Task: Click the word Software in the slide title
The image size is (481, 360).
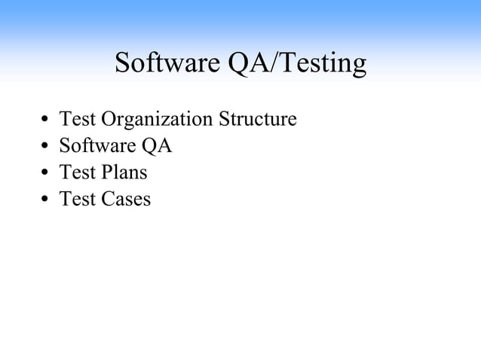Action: (168, 64)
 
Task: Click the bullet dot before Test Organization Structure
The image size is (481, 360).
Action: (45, 121)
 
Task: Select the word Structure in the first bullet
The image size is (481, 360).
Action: (258, 119)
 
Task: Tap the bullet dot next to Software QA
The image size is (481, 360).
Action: (45, 147)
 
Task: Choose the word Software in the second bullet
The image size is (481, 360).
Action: (97, 145)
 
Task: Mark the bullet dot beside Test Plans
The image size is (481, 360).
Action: (45, 173)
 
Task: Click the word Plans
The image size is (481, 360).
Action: (124, 172)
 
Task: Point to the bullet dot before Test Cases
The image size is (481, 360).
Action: (45, 200)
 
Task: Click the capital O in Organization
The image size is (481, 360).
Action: (107, 119)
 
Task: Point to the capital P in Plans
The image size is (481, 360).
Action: (105, 172)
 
